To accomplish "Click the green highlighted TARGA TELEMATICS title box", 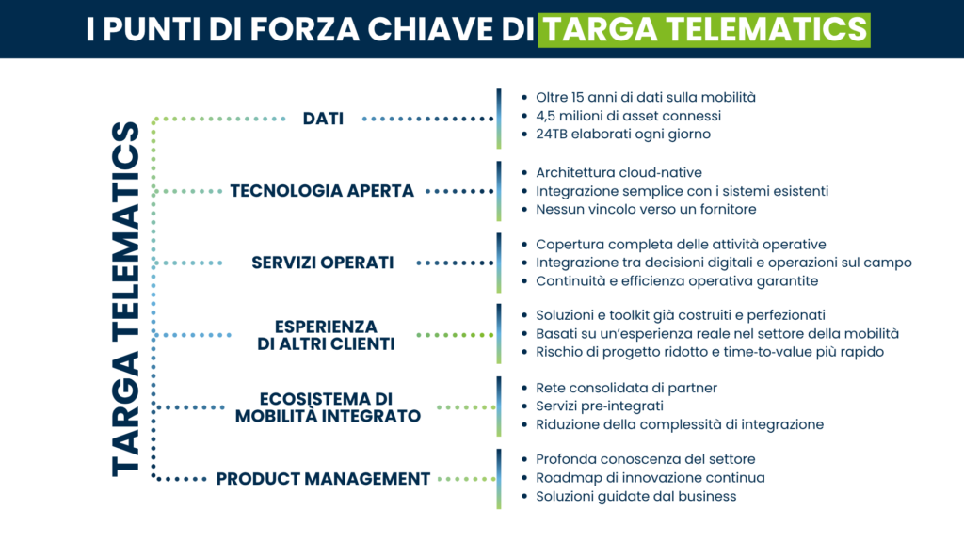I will coord(704,29).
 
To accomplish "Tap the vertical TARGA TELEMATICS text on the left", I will coord(125,298).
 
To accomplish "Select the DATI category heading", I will coord(323,119).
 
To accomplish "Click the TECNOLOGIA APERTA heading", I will coord(322,190).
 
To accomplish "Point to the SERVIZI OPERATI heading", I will coord(322,263).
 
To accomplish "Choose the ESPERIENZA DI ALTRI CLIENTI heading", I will coord(326,335).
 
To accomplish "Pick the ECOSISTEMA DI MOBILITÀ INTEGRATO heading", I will coord(328,406).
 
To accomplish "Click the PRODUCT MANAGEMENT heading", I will coord(323,478).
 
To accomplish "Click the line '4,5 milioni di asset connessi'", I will coord(628,116).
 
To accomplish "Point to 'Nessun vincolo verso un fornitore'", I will coord(646,209).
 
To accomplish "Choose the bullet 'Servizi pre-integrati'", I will coord(600,406).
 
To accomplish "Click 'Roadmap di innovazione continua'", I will coord(650,477).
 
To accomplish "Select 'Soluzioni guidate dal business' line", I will coord(635,496).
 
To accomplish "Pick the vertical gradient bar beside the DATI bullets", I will coord(499,119).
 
